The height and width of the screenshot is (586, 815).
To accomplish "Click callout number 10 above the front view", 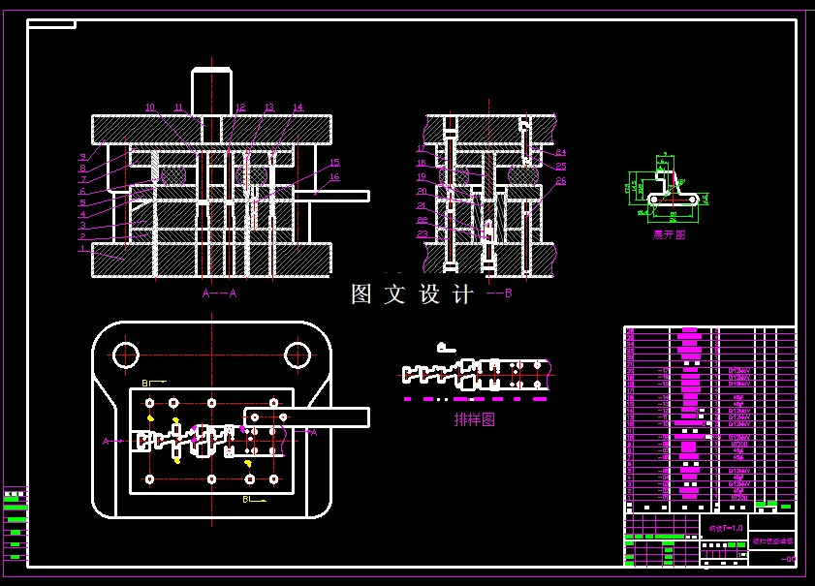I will click(x=150, y=108).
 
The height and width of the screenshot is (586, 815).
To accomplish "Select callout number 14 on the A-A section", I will click(x=298, y=108).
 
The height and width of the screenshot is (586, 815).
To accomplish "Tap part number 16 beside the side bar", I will click(x=334, y=177).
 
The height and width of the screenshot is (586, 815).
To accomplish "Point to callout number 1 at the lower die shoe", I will click(x=83, y=247).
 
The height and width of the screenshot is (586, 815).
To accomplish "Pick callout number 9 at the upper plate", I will click(x=83, y=156).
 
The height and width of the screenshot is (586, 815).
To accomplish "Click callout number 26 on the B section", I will click(x=561, y=181).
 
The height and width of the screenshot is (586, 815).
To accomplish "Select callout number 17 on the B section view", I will click(x=422, y=148).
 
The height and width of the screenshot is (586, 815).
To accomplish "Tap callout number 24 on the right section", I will click(x=561, y=152).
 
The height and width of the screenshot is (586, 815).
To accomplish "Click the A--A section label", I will click(x=219, y=292).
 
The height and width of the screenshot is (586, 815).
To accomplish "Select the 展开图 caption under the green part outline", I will click(x=669, y=234).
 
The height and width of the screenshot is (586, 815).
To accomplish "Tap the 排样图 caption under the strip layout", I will click(x=475, y=419).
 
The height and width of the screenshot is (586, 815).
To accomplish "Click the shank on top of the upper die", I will click(x=211, y=92).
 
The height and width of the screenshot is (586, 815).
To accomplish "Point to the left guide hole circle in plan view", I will click(x=126, y=355).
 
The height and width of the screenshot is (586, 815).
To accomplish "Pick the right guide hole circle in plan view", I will click(x=298, y=355).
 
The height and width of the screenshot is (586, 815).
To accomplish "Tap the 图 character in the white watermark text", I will click(x=361, y=294).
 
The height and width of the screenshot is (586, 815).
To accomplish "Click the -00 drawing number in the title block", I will click(x=787, y=559).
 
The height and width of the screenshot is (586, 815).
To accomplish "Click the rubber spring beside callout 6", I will click(x=172, y=176).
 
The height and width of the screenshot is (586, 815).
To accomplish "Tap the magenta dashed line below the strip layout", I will click(x=475, y=399).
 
